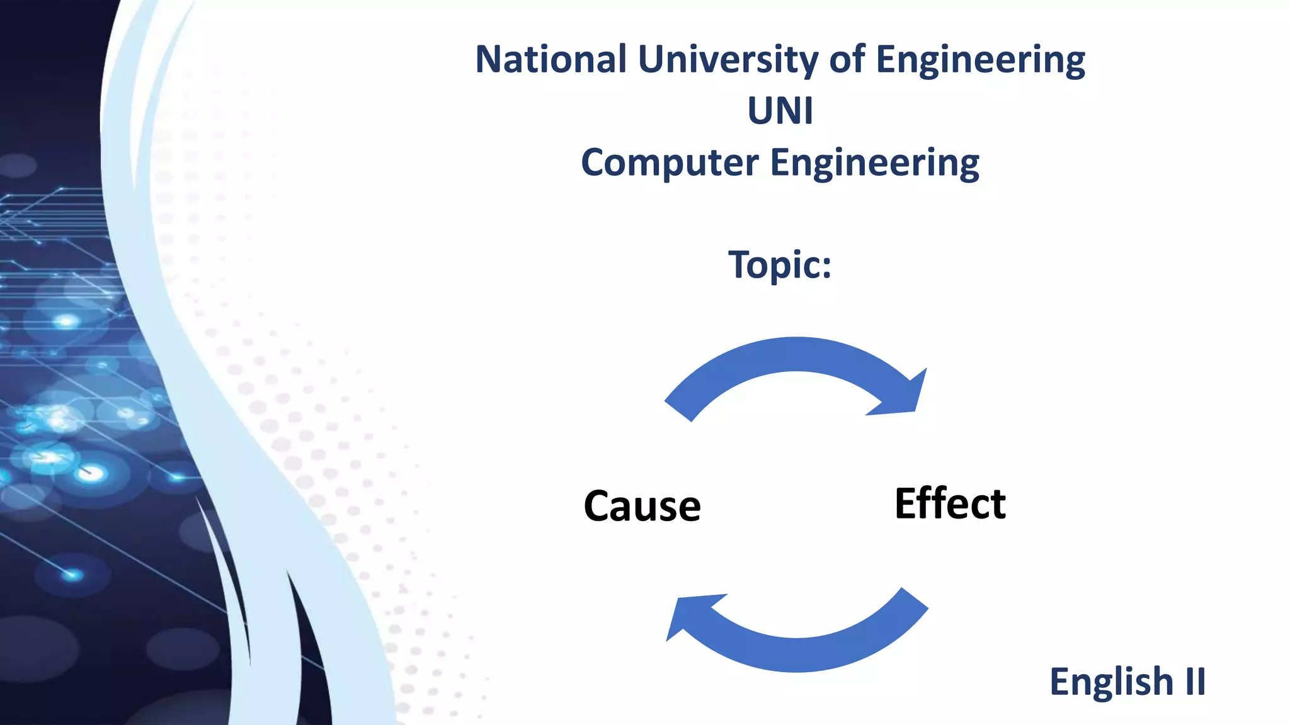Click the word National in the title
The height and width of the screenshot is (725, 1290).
pyautogui.click(x=551, y=59)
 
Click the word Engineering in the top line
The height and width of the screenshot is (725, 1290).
pyautogui.click(x=980, y=60)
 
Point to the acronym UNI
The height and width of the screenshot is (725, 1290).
pyautogui.click(x=780, y=111)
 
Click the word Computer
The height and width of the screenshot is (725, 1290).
pyautogui.click(x=670, y=163)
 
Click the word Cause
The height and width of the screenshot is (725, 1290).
pyautogui.click(x=642, y=506)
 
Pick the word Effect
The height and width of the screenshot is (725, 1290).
pyautogui.click(x=950, y=503)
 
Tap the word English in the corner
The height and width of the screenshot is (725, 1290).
pyautogui.click(x=1111, y=682)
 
